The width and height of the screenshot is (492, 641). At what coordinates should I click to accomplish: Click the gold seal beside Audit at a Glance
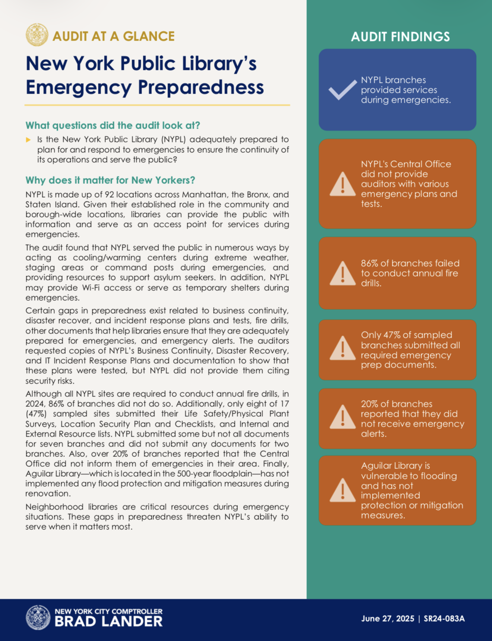pos(37,35)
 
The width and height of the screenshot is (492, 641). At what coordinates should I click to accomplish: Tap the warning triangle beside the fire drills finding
pos(342,273)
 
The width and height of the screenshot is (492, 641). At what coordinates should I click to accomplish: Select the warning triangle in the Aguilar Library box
pos(342,490)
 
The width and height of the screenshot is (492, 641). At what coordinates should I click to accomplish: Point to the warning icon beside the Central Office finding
pos(342,184)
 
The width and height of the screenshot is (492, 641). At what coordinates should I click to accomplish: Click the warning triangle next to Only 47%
pos(342,349)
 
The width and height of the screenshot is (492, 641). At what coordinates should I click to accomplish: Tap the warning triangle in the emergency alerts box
pos(342,417)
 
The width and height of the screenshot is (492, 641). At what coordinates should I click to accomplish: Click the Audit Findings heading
pos(400,37)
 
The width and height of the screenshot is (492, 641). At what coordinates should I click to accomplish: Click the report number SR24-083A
pos(444,619)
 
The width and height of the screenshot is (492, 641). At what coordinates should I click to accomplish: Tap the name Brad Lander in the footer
pos(108,621)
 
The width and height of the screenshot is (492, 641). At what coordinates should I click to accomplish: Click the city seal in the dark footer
pos(38,617)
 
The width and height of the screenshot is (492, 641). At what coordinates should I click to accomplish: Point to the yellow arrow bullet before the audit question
pos(28,140)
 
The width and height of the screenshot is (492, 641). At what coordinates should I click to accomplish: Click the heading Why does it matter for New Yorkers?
pos(110,180)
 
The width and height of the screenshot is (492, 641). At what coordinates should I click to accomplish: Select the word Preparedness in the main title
pos(201,87)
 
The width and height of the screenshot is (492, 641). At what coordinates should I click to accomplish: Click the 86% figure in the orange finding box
pos(370,263)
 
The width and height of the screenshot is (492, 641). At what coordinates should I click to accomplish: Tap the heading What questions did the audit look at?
pos(113,126)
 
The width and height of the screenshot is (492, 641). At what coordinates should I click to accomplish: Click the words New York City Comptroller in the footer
pos(108,611)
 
